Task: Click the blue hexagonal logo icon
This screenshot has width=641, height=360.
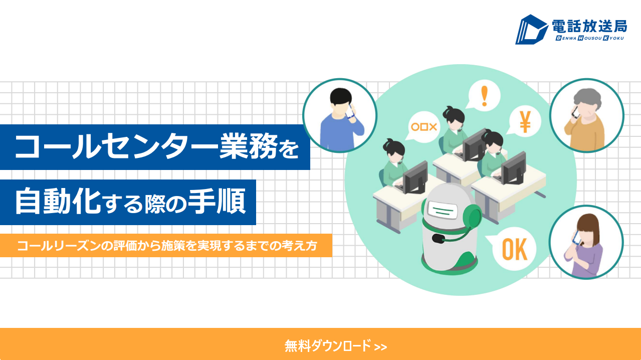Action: click(x=531, y=30)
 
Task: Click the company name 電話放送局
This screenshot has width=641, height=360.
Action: click(x=589, y=27)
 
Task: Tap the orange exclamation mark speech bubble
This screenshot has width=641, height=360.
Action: click(x=484, y=95)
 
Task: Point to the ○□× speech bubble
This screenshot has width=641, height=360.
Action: click(x=423, y=127)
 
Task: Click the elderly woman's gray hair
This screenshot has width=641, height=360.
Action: click(x=587, y=98)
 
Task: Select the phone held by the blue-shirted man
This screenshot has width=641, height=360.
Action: click(x=350, y=112)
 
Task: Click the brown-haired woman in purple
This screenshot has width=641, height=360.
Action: click(x=584, y=245)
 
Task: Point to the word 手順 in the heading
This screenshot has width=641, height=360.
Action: click(x=217, y=201)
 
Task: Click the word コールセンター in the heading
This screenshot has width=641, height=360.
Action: click(x=116, y=147)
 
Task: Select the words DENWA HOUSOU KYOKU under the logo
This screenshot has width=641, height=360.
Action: click(x=589, y=38)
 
